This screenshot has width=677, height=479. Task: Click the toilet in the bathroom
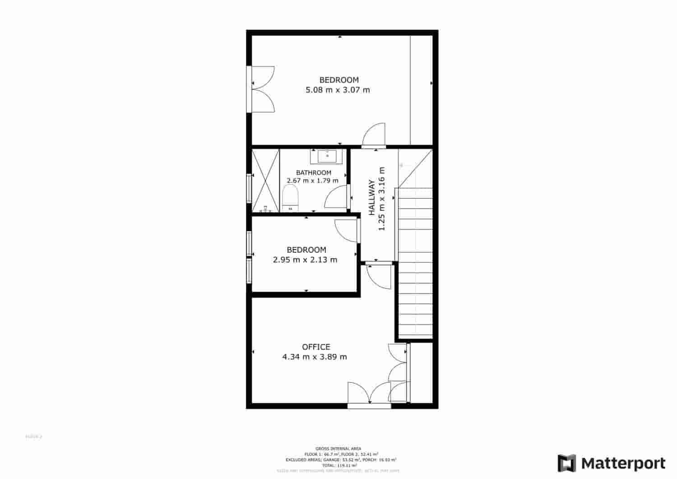[291, 199]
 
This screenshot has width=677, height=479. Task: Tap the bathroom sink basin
[327, 156]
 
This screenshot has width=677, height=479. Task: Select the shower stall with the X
[265, 180]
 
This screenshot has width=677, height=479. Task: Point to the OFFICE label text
[316, 347]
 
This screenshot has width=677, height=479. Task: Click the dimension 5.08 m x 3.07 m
[338, 90]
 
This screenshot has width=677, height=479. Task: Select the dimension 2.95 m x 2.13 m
[305, 260]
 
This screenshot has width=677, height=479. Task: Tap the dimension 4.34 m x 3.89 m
[315, 357]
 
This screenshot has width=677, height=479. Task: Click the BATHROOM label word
[314, 172]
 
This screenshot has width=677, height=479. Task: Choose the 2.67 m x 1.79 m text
[312, 181]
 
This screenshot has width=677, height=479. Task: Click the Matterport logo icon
[567, 463]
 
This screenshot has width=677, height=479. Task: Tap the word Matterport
[623, 463]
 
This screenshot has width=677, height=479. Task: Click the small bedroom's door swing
[346, 230]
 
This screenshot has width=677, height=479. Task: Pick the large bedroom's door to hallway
[374, 135]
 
